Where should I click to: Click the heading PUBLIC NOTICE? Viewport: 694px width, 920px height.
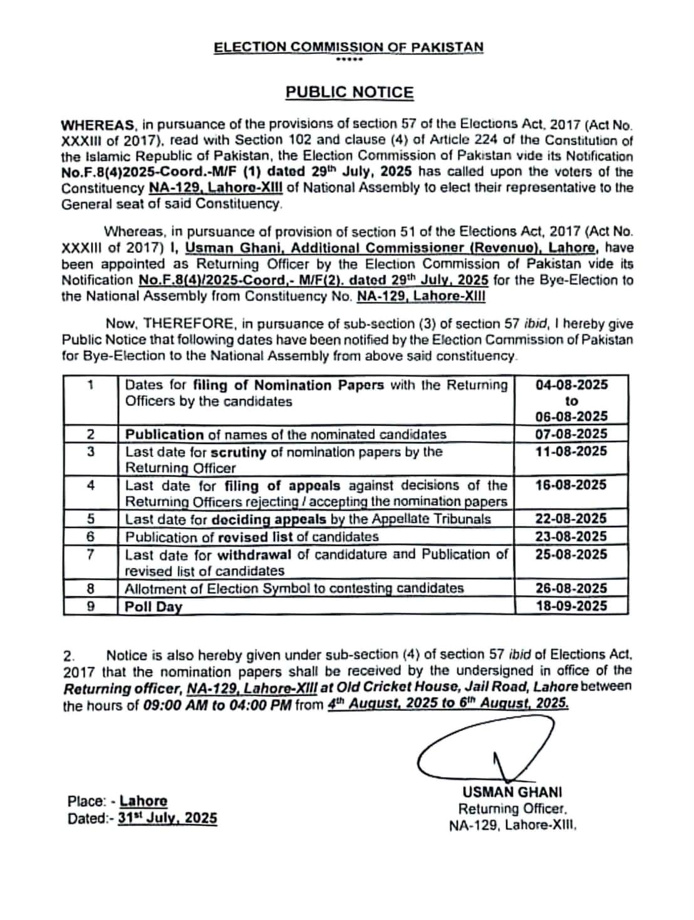pyautogui.click(x=350, y=93)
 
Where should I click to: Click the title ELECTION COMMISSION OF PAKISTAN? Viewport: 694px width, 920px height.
pyautogui.click(x=348, y=47)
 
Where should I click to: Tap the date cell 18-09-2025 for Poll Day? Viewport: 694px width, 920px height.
pyautogui.click(x=571, y=606)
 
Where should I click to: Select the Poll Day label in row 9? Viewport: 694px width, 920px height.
pyautogui.click(x=153, y=606)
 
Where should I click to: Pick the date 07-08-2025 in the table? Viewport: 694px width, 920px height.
pyautogui.click(x=571, y=433)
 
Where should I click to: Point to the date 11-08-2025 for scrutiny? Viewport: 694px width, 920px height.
pyautogui.click(x=571, y=451)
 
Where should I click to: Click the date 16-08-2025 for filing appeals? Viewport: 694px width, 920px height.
pyautogui.click(x=571, y=485)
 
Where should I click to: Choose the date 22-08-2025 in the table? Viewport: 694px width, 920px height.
pyautogui.click(x=571, y=519)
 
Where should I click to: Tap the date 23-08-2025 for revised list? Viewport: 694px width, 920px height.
pyautogui.click(x=571, y=536)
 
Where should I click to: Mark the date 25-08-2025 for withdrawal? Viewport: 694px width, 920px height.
pyautogui.click(x=571, y=554)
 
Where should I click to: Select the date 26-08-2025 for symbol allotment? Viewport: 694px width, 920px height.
pyautogui.click(x=571, y=588)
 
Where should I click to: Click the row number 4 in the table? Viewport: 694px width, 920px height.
pyautogui.click(x=91, y=485)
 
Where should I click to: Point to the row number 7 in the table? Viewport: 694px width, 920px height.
pyautogui.click(x=91, y=554)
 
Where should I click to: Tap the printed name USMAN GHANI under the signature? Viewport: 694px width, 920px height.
pyautogui.click(x=512, y=792)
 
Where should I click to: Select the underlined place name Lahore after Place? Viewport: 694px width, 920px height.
pyautogui.click(x=143, y=801)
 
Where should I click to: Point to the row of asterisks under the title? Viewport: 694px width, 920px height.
pyautogui.click(x=349, y=60)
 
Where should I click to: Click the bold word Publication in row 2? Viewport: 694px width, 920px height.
pyautogui.click(x=165, y=434)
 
